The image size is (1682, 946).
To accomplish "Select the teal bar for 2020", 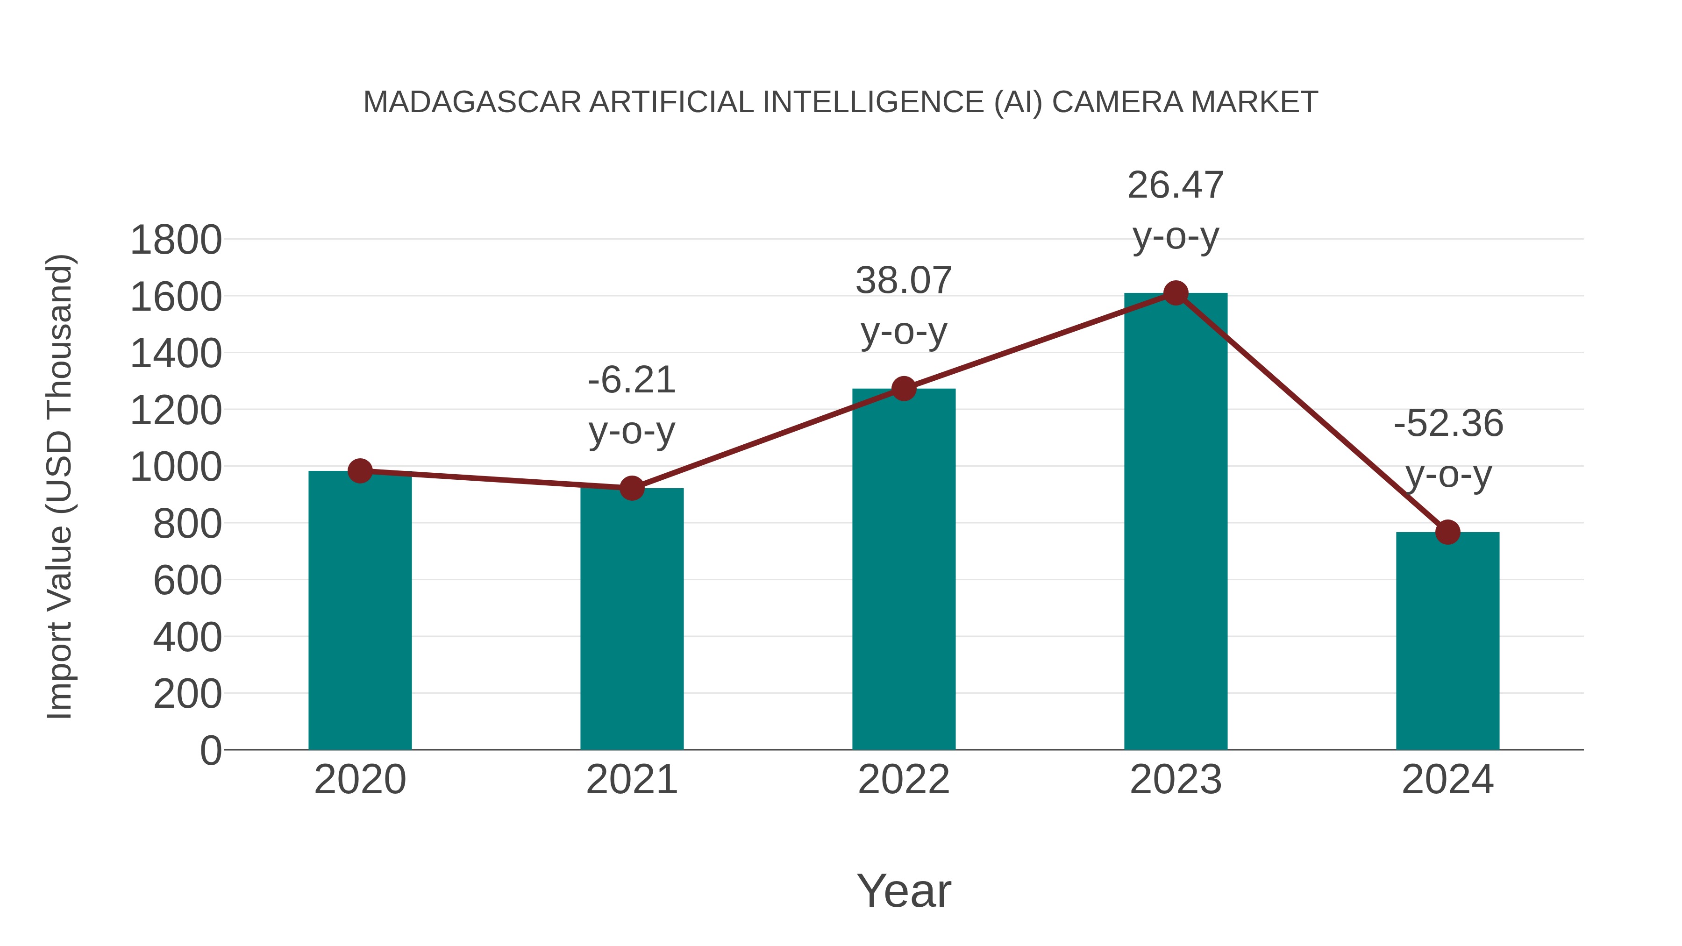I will click(360, 611).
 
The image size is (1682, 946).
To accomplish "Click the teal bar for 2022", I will click(904, 569).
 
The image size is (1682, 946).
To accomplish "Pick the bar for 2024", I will click(1447, 640).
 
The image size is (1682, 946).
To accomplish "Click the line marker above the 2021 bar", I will click(631, 488).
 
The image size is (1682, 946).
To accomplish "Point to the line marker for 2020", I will click(360, 471).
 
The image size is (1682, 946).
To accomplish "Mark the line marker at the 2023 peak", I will click(1176, 293).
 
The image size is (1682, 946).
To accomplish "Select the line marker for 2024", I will click(1447, 532).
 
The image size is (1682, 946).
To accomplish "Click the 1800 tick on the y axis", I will click(176, 240).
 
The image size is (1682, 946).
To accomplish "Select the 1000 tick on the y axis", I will click(176, 468).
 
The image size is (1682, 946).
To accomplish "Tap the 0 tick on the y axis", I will click(210, 751).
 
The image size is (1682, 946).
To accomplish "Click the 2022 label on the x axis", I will click(904, 780).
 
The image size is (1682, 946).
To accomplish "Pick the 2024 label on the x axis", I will click(1447, 780).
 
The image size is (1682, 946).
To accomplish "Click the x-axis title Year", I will click(904, 891).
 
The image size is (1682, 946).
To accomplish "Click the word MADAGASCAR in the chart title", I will click(471, 102).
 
